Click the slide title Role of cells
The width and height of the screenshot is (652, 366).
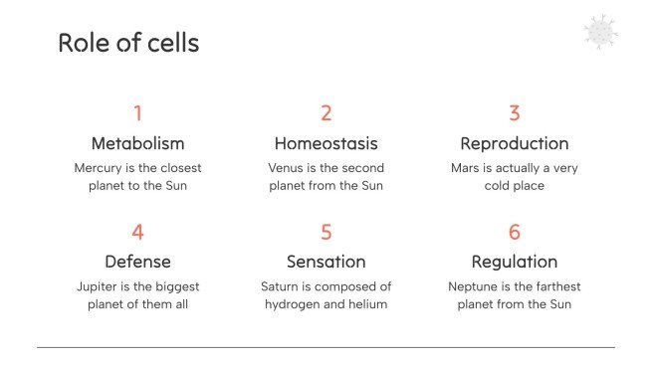(x=128, y=43)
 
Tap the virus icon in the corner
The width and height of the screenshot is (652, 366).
(x=601, y=32)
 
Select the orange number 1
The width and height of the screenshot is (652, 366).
(x=137, y=113)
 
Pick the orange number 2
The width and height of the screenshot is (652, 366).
(x=326, y=113)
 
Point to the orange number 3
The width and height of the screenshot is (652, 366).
(x=515, y=113)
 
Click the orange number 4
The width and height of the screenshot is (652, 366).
(x=137, y=232)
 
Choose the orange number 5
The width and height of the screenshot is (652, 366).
(x=326, y=232)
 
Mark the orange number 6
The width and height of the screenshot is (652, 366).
(x=515, y=232)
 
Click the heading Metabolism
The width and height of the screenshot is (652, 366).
(x=137, y=143)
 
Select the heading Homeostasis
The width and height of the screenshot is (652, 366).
(x=326, y=143)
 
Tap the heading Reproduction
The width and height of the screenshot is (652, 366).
(x=515, y=143)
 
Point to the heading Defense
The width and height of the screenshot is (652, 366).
(x=137, y=262)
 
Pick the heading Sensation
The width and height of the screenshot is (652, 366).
(x=326, y=262)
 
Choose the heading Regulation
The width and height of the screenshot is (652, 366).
(x=515, y=262)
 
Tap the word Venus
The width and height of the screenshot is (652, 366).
(x=287, y=168)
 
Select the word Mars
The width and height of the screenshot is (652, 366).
(x=467, y=168)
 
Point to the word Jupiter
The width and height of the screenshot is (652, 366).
(x=97, y=286)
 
